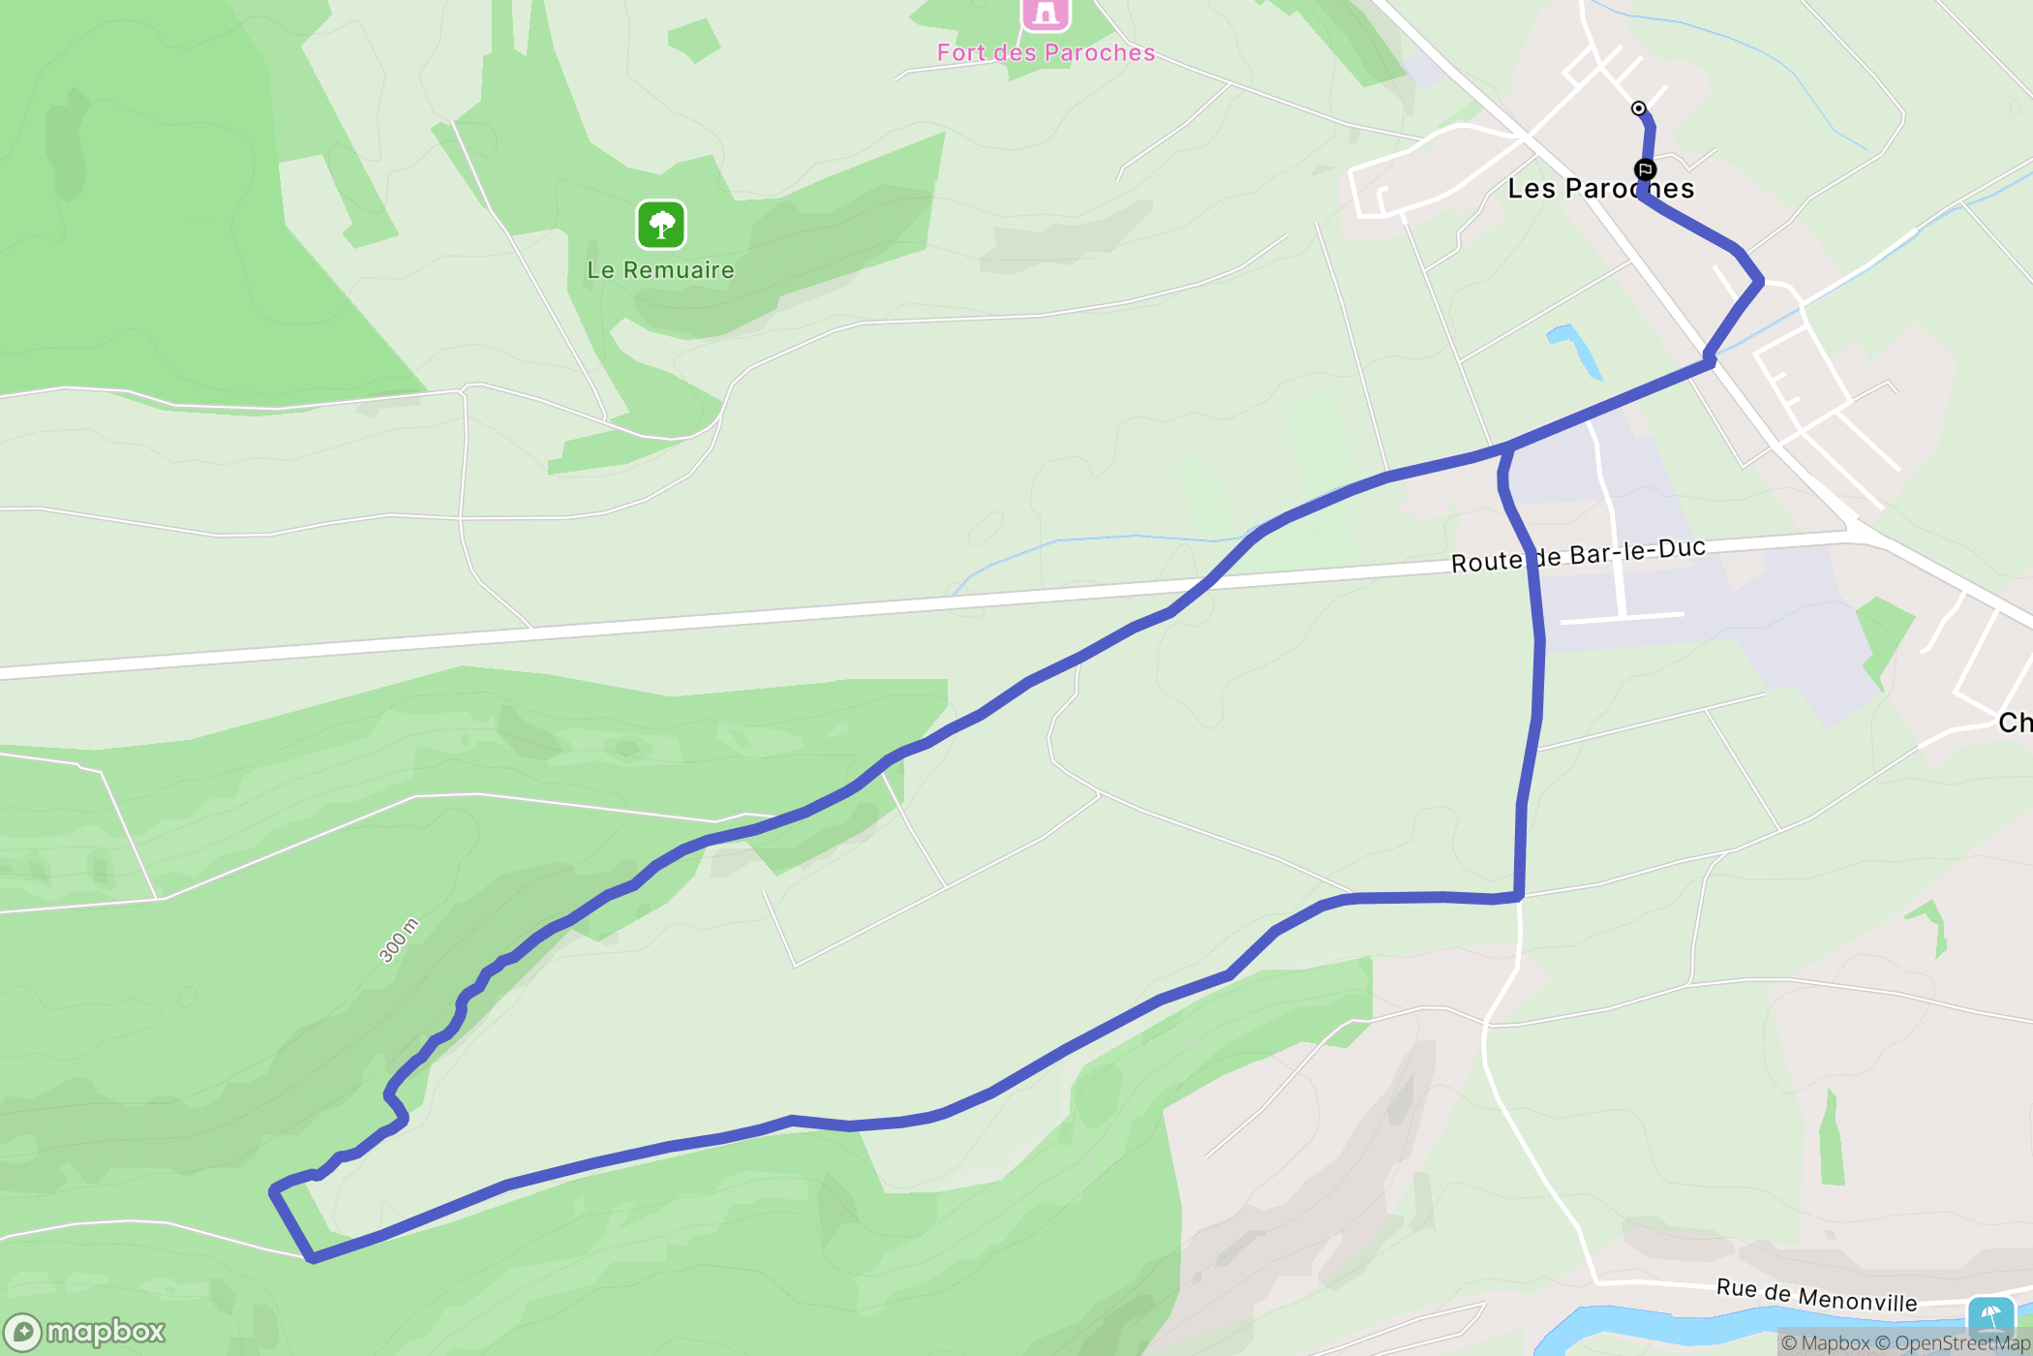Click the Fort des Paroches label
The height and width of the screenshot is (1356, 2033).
(1046, 52)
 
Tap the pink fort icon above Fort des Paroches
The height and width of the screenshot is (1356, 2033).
(1046, 14)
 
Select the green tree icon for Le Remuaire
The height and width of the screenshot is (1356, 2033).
(661, 225)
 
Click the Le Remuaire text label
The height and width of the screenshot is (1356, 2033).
(660, 270)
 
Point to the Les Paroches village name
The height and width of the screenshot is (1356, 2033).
(1600, 188)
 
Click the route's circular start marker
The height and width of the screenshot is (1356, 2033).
(1638, 108)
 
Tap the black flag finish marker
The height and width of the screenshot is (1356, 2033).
(1645, 169)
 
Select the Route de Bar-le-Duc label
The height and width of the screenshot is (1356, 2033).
(1578, 555)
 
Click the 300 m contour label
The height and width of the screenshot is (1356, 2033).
(398, 940)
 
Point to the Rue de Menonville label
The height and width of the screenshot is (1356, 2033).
(1816, 1294)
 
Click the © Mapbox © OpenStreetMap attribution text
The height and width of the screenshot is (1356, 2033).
(1905, 1342)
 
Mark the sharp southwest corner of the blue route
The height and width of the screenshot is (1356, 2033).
(311, 1258)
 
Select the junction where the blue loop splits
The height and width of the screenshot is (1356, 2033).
(1508, 447)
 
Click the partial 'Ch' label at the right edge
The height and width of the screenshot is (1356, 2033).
(2015, 723)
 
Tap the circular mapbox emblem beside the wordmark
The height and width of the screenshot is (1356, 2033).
(22, 1333)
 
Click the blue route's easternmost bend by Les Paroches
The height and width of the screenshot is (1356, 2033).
(1759, 282)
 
